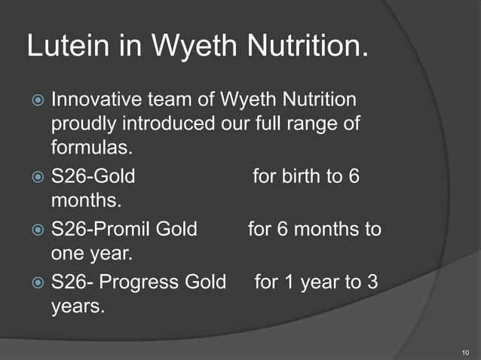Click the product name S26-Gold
tap(93, 178)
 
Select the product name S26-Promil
tap(102, 228)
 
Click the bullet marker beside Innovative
tap(37, 100)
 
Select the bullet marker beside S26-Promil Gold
tap(37, 229)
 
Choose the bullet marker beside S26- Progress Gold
tap(37, 282)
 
